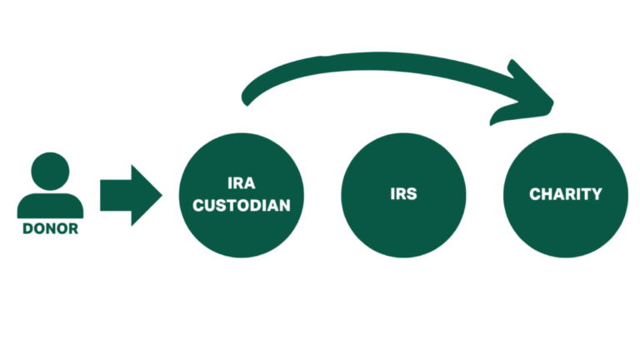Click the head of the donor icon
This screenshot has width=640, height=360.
click(50, 172)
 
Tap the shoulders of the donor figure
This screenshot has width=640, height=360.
click(50, 206)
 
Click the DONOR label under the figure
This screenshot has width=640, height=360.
click(50, 229)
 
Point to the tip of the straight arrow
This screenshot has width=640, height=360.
click(162, 195)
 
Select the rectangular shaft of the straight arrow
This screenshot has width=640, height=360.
click(116, 195)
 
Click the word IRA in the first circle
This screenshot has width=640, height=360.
click(241, 183)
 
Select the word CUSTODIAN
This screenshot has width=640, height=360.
click(241, 206)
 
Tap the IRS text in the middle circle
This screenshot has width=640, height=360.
click(403, 194)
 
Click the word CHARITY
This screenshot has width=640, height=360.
click(565, 194)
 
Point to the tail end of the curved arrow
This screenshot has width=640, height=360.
click(246, 99)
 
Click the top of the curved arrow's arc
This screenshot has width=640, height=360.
click(380, 61)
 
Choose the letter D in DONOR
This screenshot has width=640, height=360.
click(27, 229)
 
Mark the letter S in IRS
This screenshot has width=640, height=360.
click(412, 194)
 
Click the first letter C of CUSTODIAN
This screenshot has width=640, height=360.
click(198, 206)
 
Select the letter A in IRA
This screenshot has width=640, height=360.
click(249, 183)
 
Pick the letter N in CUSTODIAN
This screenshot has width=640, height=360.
click(284, 206)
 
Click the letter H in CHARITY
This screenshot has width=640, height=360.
click(546, 194)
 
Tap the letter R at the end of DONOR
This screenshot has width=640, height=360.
click(73, 229)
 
